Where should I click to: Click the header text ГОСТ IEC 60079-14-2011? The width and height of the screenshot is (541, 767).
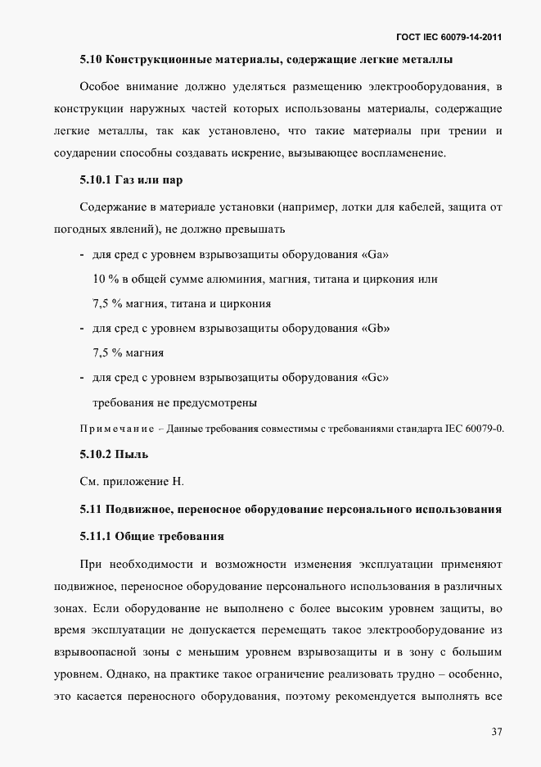[x=449, y=38]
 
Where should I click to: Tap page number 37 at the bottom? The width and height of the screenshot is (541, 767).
[x=497, y=731]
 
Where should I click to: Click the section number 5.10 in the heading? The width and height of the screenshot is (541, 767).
[x=91, y=59]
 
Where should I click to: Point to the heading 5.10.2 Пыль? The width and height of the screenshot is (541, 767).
[x=114, y=453]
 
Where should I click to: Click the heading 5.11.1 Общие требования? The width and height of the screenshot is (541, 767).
[x=152, y=536]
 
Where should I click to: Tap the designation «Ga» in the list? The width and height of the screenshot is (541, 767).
[x=374, y=255]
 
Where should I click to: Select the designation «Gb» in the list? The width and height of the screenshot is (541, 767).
[x=375, y=329]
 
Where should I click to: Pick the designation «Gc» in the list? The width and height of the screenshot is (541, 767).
[x=374, y=379]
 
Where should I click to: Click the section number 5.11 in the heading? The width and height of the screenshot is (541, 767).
[x=91, y=509]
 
